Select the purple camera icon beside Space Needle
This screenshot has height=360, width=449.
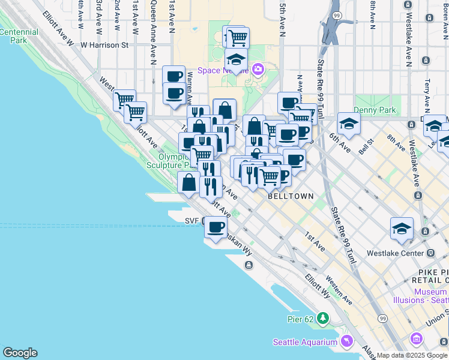pos(258,70)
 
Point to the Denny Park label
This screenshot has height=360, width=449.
pos(375,110)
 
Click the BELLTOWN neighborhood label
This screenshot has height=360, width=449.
pos(291,196)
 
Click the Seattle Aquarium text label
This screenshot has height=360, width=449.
pos(305,343)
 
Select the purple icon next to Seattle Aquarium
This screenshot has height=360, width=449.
pos(346,342)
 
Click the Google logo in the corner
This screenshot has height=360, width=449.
pos(20,353)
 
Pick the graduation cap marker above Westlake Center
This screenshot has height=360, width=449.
pos(402,228)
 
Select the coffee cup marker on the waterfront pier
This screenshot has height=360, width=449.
pos(215,227)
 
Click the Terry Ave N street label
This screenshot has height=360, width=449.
pos(427,90)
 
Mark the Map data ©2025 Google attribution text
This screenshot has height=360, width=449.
pos(412,355)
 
